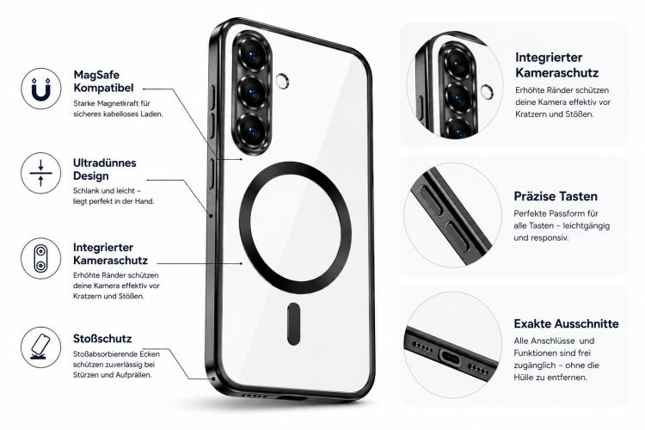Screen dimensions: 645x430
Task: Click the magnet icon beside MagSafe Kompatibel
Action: tap(41, 89)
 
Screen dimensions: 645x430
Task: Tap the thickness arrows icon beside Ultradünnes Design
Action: tap(41, 173)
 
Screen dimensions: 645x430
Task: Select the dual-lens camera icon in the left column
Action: tap(41, 258)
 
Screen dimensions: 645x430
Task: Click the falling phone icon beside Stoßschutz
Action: tap(41, 347)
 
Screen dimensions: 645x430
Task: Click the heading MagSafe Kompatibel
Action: tap(104, 82)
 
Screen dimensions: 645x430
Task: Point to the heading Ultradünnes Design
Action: tap(104, 169)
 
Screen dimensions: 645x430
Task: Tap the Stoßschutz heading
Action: tap(102, 339)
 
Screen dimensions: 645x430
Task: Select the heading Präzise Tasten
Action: tap(556, 196)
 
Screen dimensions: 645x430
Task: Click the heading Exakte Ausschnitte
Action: tap(566, 324)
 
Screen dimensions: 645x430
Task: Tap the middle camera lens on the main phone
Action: tap(251, 92)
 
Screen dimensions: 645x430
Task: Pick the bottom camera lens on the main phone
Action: tap(251, 130)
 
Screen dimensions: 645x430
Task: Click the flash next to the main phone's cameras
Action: tap(282, 81)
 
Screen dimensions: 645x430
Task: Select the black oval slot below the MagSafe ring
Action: tap(293, 324)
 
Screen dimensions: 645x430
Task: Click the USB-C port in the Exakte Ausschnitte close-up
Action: tap(451, 357)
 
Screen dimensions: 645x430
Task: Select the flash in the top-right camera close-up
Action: tap(487, 91)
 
